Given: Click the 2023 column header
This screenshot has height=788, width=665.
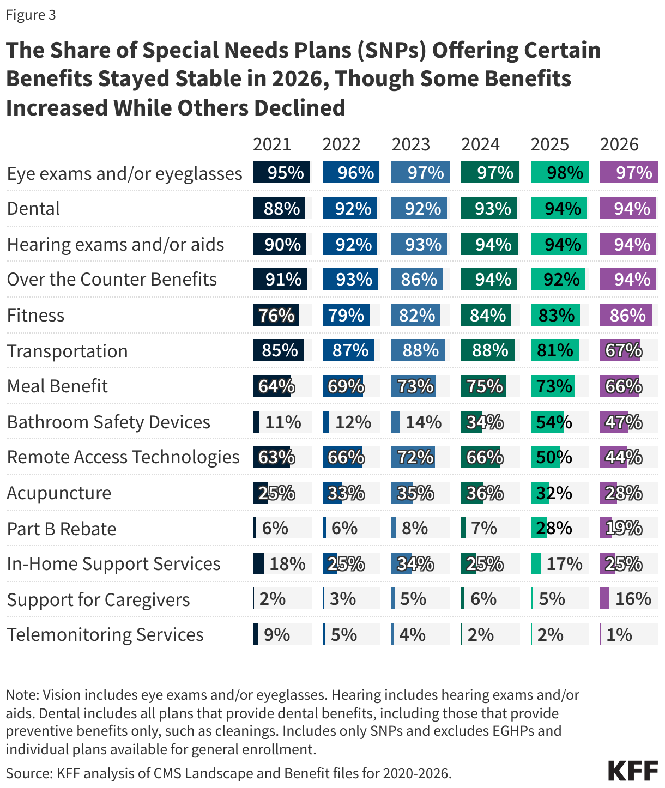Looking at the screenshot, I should [410, 144].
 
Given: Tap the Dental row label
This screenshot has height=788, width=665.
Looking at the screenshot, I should [33, 208].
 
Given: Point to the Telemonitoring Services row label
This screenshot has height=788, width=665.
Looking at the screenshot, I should [105, 634].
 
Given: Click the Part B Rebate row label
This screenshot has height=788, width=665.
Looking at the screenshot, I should [62, 529].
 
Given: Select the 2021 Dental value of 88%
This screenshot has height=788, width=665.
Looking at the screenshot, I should [282, 209].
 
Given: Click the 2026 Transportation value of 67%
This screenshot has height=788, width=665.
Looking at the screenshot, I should [624, 350].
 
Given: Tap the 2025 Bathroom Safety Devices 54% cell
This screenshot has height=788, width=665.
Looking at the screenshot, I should [554, 422].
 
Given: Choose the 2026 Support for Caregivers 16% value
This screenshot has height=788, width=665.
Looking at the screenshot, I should [633, 599].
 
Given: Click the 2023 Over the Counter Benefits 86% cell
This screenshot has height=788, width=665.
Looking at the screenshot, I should [419, 280].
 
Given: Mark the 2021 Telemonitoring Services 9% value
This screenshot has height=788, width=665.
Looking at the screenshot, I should [276, 634].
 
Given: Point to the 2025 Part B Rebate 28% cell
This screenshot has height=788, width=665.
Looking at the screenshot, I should [554, 528].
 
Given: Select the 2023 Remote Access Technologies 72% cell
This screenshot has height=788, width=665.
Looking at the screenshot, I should [415, 457].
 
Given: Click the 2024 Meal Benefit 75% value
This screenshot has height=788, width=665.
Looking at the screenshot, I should [485, 386].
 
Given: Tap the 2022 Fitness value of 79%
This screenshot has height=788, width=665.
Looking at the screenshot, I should [346, 315].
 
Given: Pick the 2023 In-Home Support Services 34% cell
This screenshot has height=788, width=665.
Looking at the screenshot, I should [415, 563].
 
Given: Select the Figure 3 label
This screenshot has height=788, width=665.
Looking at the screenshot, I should [31, 15].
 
